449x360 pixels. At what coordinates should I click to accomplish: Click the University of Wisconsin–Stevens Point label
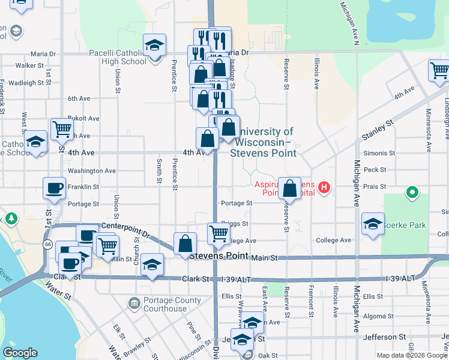pos(264,142)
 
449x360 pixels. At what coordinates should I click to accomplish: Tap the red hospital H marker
pos(325,188)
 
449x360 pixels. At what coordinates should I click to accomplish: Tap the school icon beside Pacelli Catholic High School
pos(154,46)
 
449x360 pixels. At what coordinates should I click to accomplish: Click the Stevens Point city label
pos(218,256)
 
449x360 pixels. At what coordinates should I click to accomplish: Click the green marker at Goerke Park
pos(412,193)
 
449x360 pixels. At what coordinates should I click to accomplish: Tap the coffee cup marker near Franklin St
pos(55,188)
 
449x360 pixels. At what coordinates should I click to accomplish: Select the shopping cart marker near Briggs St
pos(219,233)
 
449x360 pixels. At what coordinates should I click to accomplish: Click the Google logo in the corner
pos(20,353)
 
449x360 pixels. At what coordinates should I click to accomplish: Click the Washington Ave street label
pos(91,170)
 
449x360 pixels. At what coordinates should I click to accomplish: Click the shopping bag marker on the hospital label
pos(290,188)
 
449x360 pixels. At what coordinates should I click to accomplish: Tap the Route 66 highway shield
pos(46,244)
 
